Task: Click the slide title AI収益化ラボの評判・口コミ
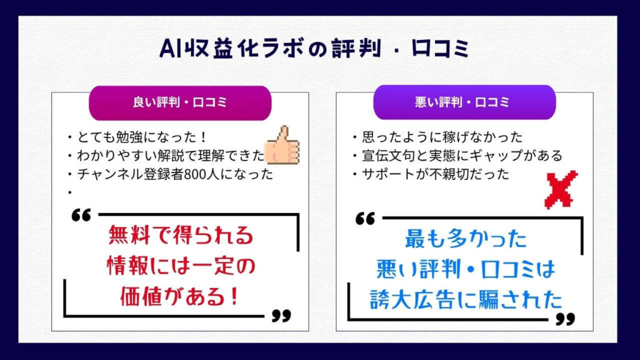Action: pyautogui.click(x=314, y=49)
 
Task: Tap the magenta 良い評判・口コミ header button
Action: pyautogui.click(x=180, y=103)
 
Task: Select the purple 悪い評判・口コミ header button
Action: pyautogui.click(x=464, y=102)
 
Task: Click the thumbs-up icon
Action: pyautogui.click(x=282, y=145)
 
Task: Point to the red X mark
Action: pyautogui.click(x=561, y=189)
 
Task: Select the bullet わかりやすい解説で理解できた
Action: pyautogui.click(x=166, y=156)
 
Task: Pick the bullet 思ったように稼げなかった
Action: pyautogui.click(x=437, y=137)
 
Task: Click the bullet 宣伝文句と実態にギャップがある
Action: pyautogui.click(x=457, y=156)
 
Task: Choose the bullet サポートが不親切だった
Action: pyautogui.click(x=431, y=174)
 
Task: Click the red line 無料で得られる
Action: pyautogui.click(x=181, y=236)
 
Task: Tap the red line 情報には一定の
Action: pyautogui.click(x=181, y=266)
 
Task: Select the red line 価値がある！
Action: pyautogui.click(x=179, y=296)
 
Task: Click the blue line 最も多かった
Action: pyautogui.click(x=466, y=239)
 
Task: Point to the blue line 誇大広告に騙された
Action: pyautogui.click(x=466, y=299)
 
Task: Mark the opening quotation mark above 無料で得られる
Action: pyautogui.click(x=81, y=215)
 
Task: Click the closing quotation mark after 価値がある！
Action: pyautogui.click(x=282, y=316)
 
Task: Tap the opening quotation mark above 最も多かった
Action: pyautogui.click(x=365, y=218)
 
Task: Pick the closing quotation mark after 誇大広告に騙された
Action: pyautogui.click(x=566, y=319)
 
